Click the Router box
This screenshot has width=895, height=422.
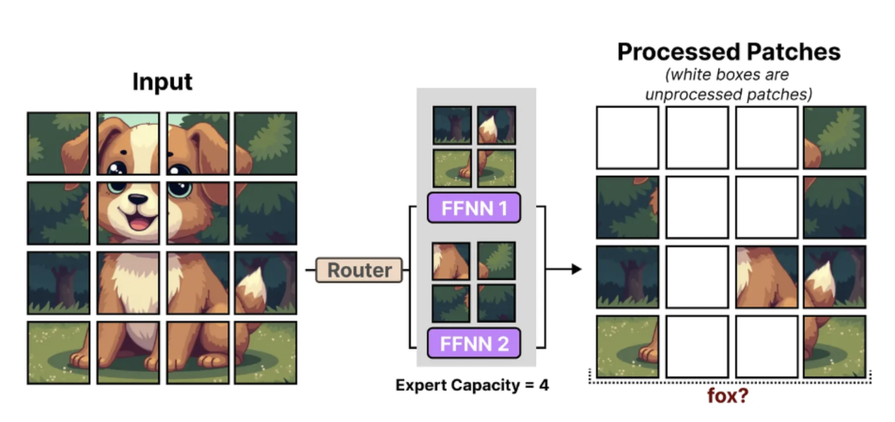359,270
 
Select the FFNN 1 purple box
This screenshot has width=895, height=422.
474,208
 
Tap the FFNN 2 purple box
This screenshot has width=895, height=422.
474,343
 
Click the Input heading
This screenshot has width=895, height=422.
162,82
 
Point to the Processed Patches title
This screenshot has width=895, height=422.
729,52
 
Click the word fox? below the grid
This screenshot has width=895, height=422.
727,396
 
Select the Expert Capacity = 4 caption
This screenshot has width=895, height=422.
472,385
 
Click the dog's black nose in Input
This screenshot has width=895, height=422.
138,200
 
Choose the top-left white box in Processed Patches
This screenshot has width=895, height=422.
627,137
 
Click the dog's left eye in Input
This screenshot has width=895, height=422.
116,170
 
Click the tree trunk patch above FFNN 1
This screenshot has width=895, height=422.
452,125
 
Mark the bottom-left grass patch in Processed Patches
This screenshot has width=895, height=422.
627,346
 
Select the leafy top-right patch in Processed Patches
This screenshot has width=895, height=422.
834,137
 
